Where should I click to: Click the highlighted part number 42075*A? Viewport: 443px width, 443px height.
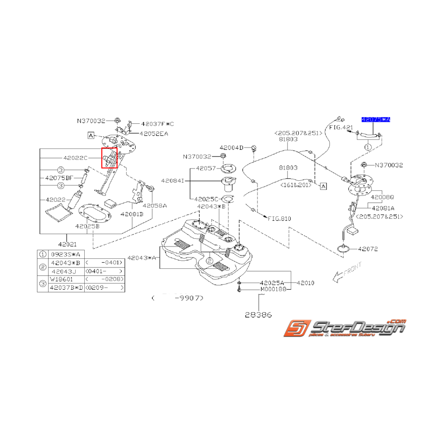pyautogui.click(x=375, y=120)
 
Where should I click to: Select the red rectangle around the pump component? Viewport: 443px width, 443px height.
pyautogui.click(x=109, y=158)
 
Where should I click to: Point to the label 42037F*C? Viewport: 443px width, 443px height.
pyautogui.click(x=158, y=124)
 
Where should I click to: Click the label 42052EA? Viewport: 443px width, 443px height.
pyautogui.click(x=154, y=134)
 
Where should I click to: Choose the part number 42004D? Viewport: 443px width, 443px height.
pyautogui.click(x=231, y=148)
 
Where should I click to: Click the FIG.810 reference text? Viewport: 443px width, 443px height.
pyautogui.click(x=280, y=219)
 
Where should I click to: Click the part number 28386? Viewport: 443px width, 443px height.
pyautogui.click(x=258, y=315)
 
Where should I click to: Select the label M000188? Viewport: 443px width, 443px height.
pyautogui.click(x=273, y=289)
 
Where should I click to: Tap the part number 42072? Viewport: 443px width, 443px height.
pyautogui.click(x=368, y=249)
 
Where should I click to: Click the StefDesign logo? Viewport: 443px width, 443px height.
pyautogui.click(x=345, y=328)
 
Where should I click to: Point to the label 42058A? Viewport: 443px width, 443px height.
pyautogui.click(x=155, y=206)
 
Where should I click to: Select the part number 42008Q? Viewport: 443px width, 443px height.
pyautogui.click(x=383, y=197)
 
